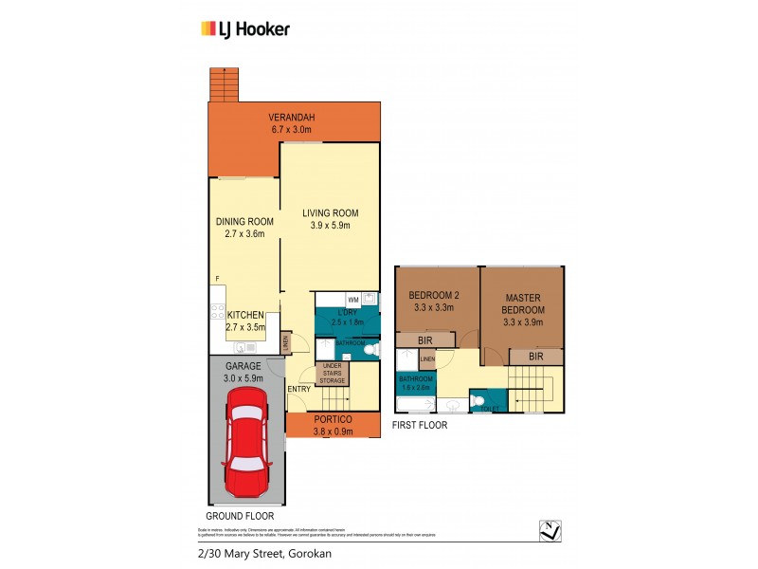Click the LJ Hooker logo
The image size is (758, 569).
tap(245, 28)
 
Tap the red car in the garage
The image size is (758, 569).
tap(248, 449)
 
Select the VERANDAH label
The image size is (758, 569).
tap(291, 118)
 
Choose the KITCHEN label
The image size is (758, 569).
tap(244, 315)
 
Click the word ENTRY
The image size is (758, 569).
tap(298, 389)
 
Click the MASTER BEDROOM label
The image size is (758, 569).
tap(524, 303)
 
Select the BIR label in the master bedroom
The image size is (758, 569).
tap(535, 357)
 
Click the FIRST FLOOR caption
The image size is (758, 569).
tap(421, 426)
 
